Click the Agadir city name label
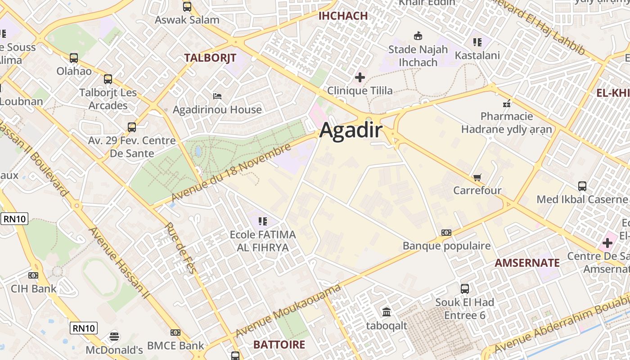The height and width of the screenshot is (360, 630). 351,131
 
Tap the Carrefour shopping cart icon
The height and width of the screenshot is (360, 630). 477,177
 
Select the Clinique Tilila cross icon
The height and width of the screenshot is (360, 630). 360,77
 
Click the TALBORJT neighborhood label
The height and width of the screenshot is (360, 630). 210,58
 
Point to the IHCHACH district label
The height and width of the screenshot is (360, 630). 343,16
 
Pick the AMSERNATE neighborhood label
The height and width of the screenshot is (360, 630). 527,263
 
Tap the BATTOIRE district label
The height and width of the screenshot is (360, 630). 279,345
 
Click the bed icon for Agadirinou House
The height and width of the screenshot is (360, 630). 217,96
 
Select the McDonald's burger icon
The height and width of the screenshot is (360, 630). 114,337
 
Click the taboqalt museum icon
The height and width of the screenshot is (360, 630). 386,312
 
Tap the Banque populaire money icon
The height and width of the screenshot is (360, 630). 446,233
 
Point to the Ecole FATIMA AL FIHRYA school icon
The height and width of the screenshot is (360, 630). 263,221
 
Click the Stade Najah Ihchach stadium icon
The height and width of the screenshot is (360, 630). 418,36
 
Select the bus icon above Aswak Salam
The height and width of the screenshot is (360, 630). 187,7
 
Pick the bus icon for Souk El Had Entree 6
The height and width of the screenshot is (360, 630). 464,289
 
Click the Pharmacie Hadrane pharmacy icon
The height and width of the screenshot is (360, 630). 507,103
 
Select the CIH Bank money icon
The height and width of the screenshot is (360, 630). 33,275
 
